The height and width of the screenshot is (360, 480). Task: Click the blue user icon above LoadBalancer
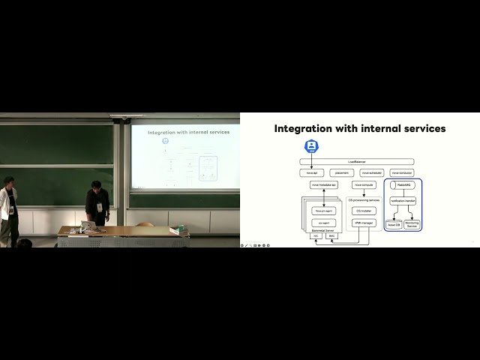point(311,146)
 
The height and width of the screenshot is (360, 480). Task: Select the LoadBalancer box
point(357,161)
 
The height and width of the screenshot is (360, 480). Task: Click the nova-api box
point(311,172)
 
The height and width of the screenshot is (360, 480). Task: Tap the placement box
point(341,172)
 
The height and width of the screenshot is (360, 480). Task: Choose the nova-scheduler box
point(371,172)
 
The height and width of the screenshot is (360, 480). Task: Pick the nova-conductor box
point(402,172)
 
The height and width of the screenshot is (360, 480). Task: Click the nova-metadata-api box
point(324,184)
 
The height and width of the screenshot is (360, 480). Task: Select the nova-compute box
point(364,184)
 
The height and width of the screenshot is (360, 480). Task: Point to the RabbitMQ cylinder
point(403,184)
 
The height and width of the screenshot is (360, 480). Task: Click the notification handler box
point(403,200)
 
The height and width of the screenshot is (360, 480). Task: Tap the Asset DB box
point(394,224)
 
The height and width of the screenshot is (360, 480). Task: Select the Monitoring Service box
point(412,224)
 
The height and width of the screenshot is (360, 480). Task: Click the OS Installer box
point(364,211)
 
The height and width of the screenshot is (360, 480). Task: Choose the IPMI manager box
point(364,223)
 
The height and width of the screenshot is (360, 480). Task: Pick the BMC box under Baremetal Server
point(331,235)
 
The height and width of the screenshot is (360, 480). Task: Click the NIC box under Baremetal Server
point(316,235)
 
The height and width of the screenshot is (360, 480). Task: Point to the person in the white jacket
point(8,210)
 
